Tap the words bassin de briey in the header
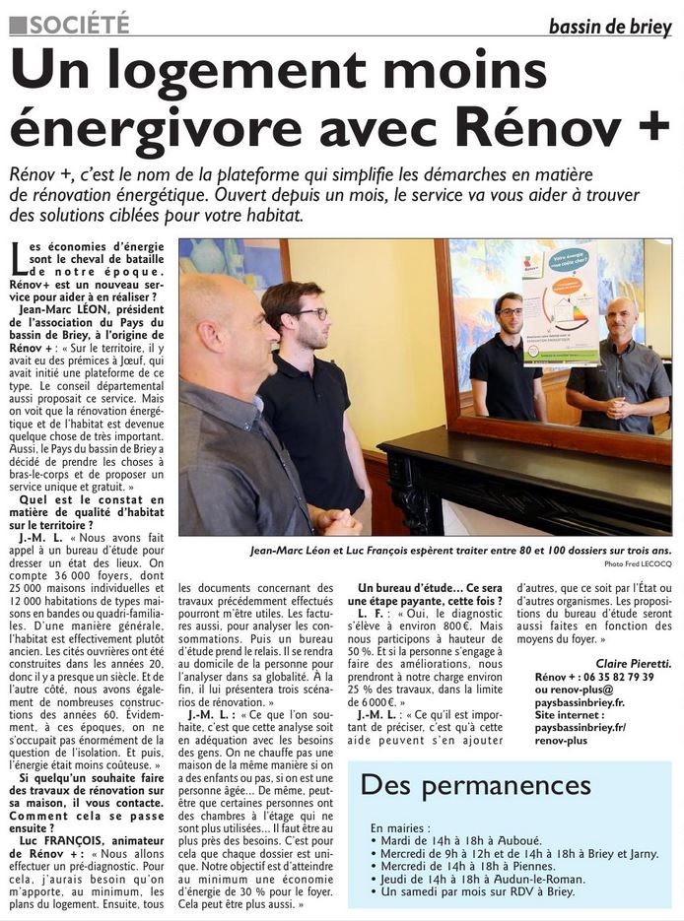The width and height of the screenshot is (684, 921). click(x=610, y=27)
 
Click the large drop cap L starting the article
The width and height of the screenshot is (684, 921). click(x=17, y=259)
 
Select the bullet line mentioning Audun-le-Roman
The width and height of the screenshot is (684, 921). click(x=477, y=879)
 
